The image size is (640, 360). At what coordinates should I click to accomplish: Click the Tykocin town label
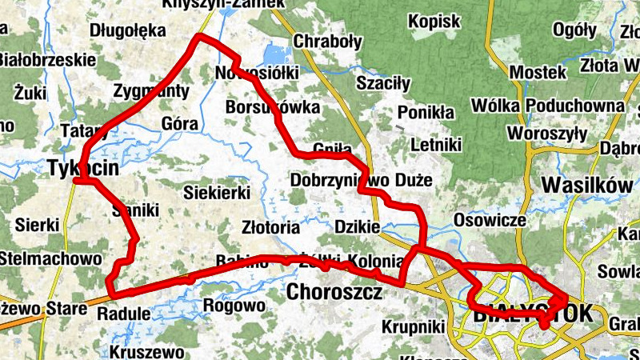pyautogui.click(x=83, y=169)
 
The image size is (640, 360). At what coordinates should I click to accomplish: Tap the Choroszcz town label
pyautogui.click(x=334, y=292)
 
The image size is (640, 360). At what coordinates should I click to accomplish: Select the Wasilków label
pyautogui.click(x=587, y=185)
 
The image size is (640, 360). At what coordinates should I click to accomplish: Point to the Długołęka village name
pyautogui.click(x=128, y=31)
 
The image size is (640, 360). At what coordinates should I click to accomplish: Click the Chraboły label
pyautogui.click(x=327, y=41)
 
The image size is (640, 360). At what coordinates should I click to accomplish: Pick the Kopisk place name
pyautogui.click(x=434, y=22)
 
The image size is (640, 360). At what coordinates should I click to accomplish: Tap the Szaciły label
pyautogui.click(x=382, y=82)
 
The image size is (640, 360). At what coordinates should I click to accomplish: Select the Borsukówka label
pyautogui.click(x=272, y=106)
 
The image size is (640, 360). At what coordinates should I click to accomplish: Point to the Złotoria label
pyautogui.click(x=270, y=227)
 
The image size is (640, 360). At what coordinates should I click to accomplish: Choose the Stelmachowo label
pyautogui.click(x=50, y=259)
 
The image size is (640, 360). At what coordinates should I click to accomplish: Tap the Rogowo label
pyautogui.click(x=234, y=306)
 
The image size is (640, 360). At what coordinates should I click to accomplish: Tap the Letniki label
pyautogui.click(x=436, y=146)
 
